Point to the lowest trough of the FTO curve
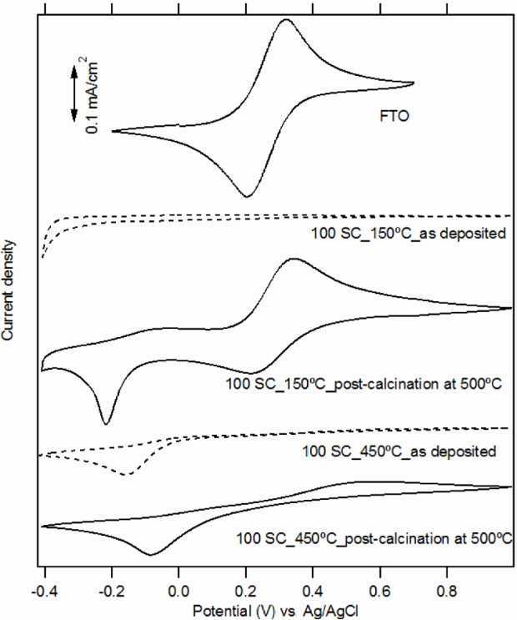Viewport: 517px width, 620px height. (x=247, y=196)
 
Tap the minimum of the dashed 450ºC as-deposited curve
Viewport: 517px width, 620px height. (x=128, y=475)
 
